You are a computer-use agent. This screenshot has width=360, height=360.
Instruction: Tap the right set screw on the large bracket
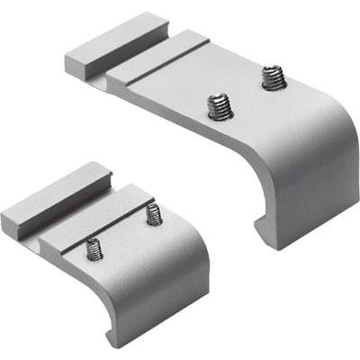273,79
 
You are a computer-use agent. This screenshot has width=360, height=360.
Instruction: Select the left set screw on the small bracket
94,248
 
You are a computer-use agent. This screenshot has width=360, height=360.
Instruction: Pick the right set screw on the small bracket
154,215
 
